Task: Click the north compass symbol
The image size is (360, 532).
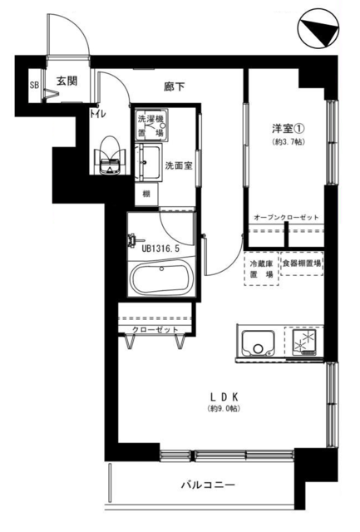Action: click(x=318, y=28)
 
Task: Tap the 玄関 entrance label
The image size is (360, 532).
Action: click(x=67, y=81)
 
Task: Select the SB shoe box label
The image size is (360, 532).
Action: click(x=34, y=85)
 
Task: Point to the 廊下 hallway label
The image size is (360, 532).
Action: click(x=175, y=86)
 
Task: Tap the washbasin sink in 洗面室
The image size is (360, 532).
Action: click(x=148, y=162)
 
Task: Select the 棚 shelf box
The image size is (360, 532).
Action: click(x=146, y=194)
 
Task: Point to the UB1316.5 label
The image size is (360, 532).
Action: click(x=160, y=249)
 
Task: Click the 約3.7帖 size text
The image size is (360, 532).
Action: click(x=288, y=142)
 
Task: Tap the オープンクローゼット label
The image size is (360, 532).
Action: click(x=286, y=217)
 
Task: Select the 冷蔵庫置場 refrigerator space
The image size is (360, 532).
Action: click(x=262, y=268)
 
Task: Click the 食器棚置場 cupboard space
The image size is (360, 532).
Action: click(x=302, y=264)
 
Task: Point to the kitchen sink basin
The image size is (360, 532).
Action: click(x=258, y=343)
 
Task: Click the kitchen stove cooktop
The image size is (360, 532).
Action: click(x=304, y=342)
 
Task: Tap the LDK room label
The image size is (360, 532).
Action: click(x=224, y=397)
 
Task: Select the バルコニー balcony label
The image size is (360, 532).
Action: click(x=208, y=485)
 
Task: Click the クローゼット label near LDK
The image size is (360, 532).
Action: click(x=155, y=329)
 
